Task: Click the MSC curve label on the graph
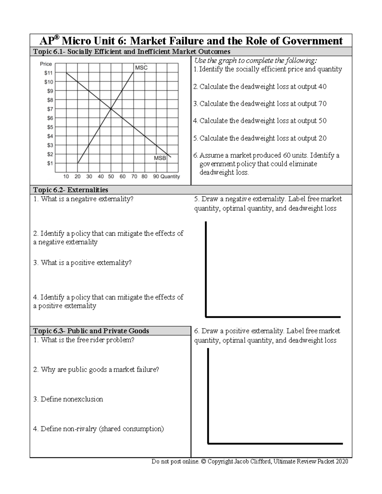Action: [x=141, y=68]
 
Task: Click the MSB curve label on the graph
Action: [x=160, y=158]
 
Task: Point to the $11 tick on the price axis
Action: [x=48, y=73]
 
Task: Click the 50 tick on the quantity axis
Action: [x=111, y=177]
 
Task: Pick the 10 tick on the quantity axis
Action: [x=66, y=177]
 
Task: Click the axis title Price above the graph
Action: [x=46, y=64]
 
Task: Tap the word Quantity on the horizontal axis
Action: [x=170, y=177]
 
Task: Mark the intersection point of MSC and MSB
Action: [x=111, y=109]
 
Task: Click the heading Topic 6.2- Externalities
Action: [x=70, y=190]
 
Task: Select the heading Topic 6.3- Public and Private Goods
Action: [x=91, y=331]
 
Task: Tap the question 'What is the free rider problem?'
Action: [x=84, y=340]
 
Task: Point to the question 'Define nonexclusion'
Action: [x=68, y=399]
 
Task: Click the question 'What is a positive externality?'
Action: [x=82, y=263]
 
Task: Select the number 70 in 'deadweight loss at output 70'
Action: [x=322, y=104]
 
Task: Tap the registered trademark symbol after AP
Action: [x=56, y=38]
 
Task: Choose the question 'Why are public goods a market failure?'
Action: [x=96, y=370]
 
